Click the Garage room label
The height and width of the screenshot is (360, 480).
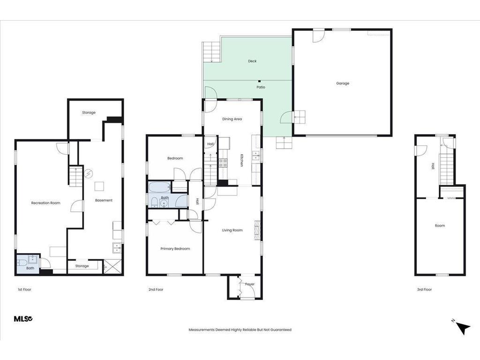(343, 83)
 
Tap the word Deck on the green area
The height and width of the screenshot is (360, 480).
(252, 61)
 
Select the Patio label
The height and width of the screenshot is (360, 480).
(261, 87)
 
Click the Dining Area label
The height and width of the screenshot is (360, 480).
(232, 119)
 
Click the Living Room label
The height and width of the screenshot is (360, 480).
(232, 230)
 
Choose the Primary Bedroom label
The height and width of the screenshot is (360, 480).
(175, 249)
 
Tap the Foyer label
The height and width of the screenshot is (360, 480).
(250, 284)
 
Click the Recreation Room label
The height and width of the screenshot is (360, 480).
(46, 203)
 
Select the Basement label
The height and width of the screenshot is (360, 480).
(104, 201)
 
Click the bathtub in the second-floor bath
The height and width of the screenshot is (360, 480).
(159, 188)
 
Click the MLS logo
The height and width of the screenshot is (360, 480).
(23, 319)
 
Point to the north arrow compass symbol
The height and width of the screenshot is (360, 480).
(462, 327)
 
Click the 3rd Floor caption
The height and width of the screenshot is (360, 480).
(424, 290)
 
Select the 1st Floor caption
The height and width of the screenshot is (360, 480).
(24, 290)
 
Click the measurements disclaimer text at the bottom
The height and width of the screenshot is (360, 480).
(240, 330)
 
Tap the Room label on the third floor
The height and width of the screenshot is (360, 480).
(440, 226)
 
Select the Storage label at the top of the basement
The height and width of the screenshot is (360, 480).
(89, 112)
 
